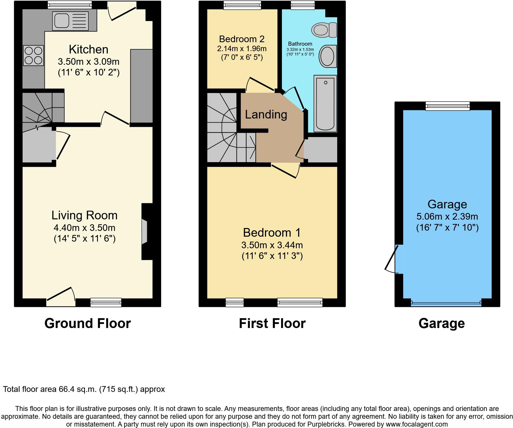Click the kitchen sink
pyautogui.click(x=70, y=21)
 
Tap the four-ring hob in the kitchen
pyautogui.click(x=33, y=55)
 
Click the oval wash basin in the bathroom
pyautogui.click(x=328, y=56)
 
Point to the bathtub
pyautogui.click(x=325, y=103)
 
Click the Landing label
pyautogui.click(x=266, y=114)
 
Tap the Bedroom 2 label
pyautogui.click(x=241, y=39)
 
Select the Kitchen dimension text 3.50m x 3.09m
pyautogui.click(x=88, y=62)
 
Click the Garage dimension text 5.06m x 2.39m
pyautogui.click(x=447, y=216)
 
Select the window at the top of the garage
pyautogui.click(x=447, y=106)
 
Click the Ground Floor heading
pyautogui.click(x=88, y=323)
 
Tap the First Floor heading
pyautogui.click(x=272, y=323)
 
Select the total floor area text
pyautogui.click(x=84, y=389)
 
